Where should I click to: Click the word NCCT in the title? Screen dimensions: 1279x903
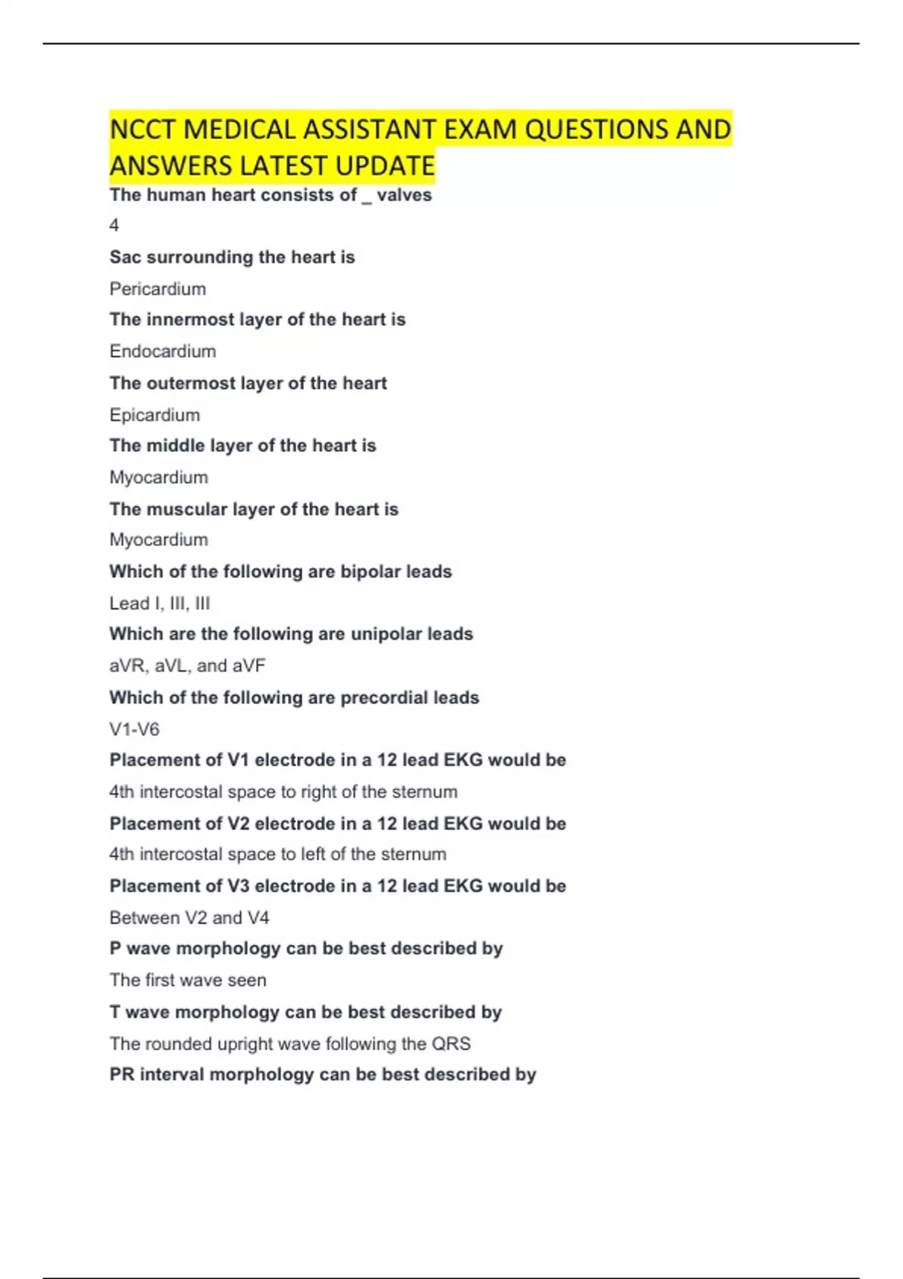(143, 129)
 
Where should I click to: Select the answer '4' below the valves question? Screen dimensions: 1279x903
(114, 226)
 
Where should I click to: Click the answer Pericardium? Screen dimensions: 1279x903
(157, 289)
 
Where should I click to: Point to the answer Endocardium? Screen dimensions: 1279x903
(163, 351)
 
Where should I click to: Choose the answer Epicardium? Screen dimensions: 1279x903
(154, 415)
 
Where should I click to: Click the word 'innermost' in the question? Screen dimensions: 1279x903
(190, 320)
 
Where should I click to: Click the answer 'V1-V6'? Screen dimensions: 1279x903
(134, 729)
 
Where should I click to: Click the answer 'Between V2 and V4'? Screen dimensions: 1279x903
(189, 918)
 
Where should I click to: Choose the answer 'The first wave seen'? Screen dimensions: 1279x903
(187, 980)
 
